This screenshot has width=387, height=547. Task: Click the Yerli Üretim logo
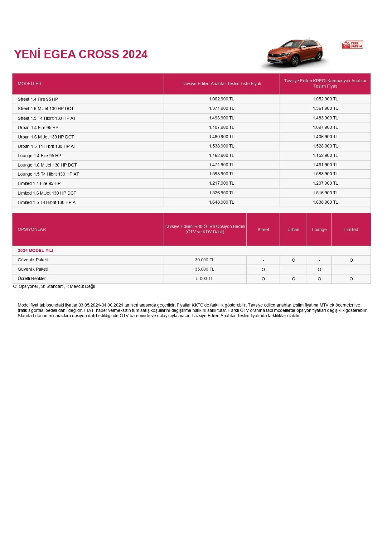point(353,45)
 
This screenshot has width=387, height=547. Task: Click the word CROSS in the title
point(99,54)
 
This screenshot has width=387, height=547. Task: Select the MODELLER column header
point(30,84)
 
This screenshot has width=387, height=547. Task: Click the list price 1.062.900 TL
point(221,99)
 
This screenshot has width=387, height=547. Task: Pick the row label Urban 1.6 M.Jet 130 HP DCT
point(46,137)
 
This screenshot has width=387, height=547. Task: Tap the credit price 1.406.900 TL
point(325,137)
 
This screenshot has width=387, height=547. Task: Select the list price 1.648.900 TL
point(221,202)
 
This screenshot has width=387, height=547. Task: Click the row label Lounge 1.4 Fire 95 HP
point(39,156)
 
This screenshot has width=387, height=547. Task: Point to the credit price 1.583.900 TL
point(325,174)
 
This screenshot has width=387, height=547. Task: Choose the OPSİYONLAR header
point(32,229)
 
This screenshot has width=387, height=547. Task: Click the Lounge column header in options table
point(319,230)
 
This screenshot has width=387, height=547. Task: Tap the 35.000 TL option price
point(205,269)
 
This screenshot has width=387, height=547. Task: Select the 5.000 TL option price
point(205,278)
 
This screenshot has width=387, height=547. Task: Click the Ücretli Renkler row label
point(32,278)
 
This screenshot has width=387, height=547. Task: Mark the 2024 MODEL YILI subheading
point(36,250)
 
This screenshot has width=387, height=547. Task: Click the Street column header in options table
point(263,230)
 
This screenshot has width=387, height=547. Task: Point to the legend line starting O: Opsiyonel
point(54,286)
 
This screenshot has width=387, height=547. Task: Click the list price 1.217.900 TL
point(221,183)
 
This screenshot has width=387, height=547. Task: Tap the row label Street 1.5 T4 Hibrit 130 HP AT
point(47,118)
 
